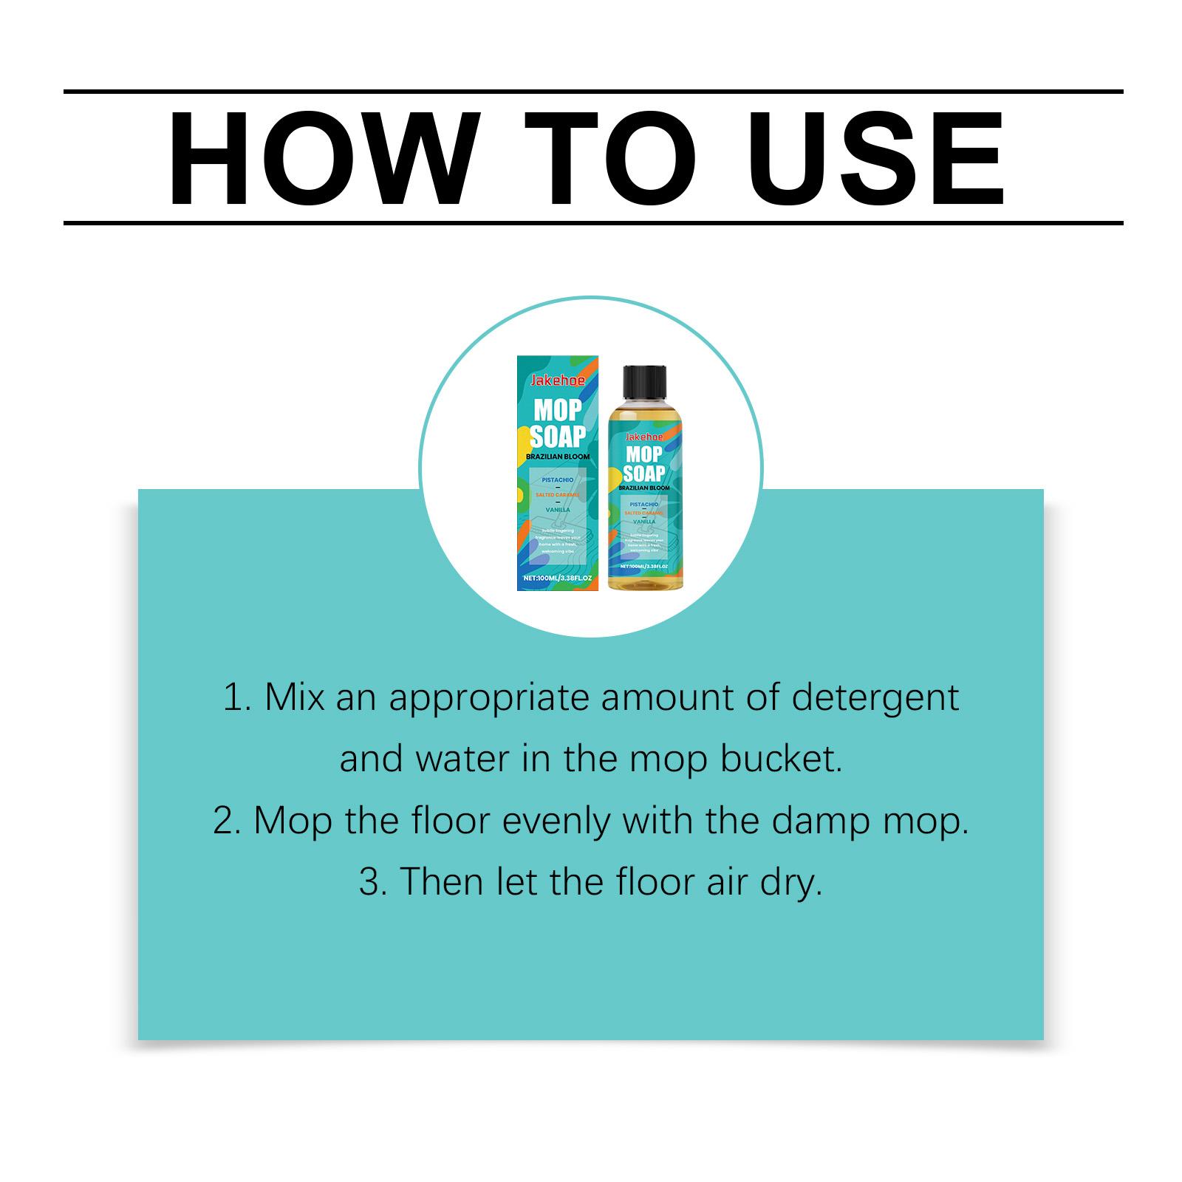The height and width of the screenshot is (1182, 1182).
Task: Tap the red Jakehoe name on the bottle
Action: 644,437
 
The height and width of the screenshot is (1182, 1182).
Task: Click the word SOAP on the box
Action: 558,436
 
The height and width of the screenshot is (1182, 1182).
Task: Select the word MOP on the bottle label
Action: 644,455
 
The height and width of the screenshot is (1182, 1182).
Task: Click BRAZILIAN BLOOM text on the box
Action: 558,457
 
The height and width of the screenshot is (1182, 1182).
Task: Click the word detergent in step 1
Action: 875,698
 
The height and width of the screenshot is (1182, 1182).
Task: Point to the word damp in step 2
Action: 821,821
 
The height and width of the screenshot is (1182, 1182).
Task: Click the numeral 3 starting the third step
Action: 368,882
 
